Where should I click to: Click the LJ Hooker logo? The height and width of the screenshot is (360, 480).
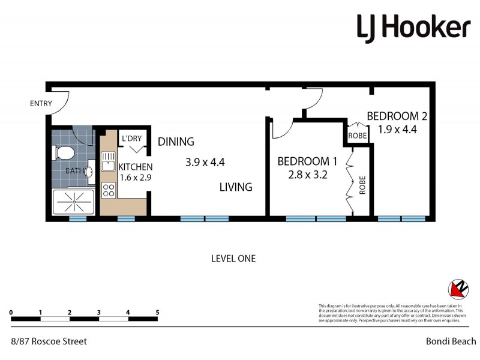pos(413,28)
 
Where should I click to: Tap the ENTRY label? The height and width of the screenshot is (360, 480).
pos(41,104)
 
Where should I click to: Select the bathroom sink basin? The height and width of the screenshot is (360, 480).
pos(89,172)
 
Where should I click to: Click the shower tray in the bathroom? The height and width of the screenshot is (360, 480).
pos(73,203)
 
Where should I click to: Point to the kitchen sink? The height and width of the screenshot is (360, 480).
pos(108,161)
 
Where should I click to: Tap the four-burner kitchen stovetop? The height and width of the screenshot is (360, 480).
pos(109,191)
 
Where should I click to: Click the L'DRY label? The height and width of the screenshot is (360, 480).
pos(131,139)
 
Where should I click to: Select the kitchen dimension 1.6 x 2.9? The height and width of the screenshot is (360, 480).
pos(135,178)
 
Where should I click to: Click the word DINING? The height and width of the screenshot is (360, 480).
pos(176,142)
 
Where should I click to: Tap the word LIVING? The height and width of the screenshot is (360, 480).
pos(235,187)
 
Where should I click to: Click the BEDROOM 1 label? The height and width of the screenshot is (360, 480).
pos(307,161)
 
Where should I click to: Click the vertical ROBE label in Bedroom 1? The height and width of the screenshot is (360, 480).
pos(362,186)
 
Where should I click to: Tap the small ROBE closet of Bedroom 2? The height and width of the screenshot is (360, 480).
pos(358,136)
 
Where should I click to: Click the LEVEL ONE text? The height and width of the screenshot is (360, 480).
pos(233,259)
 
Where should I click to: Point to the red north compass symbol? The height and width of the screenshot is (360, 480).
pos(458,290)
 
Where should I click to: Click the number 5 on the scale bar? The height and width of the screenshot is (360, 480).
pos(157,313)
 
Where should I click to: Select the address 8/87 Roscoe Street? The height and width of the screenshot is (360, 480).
pos(49,341)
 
